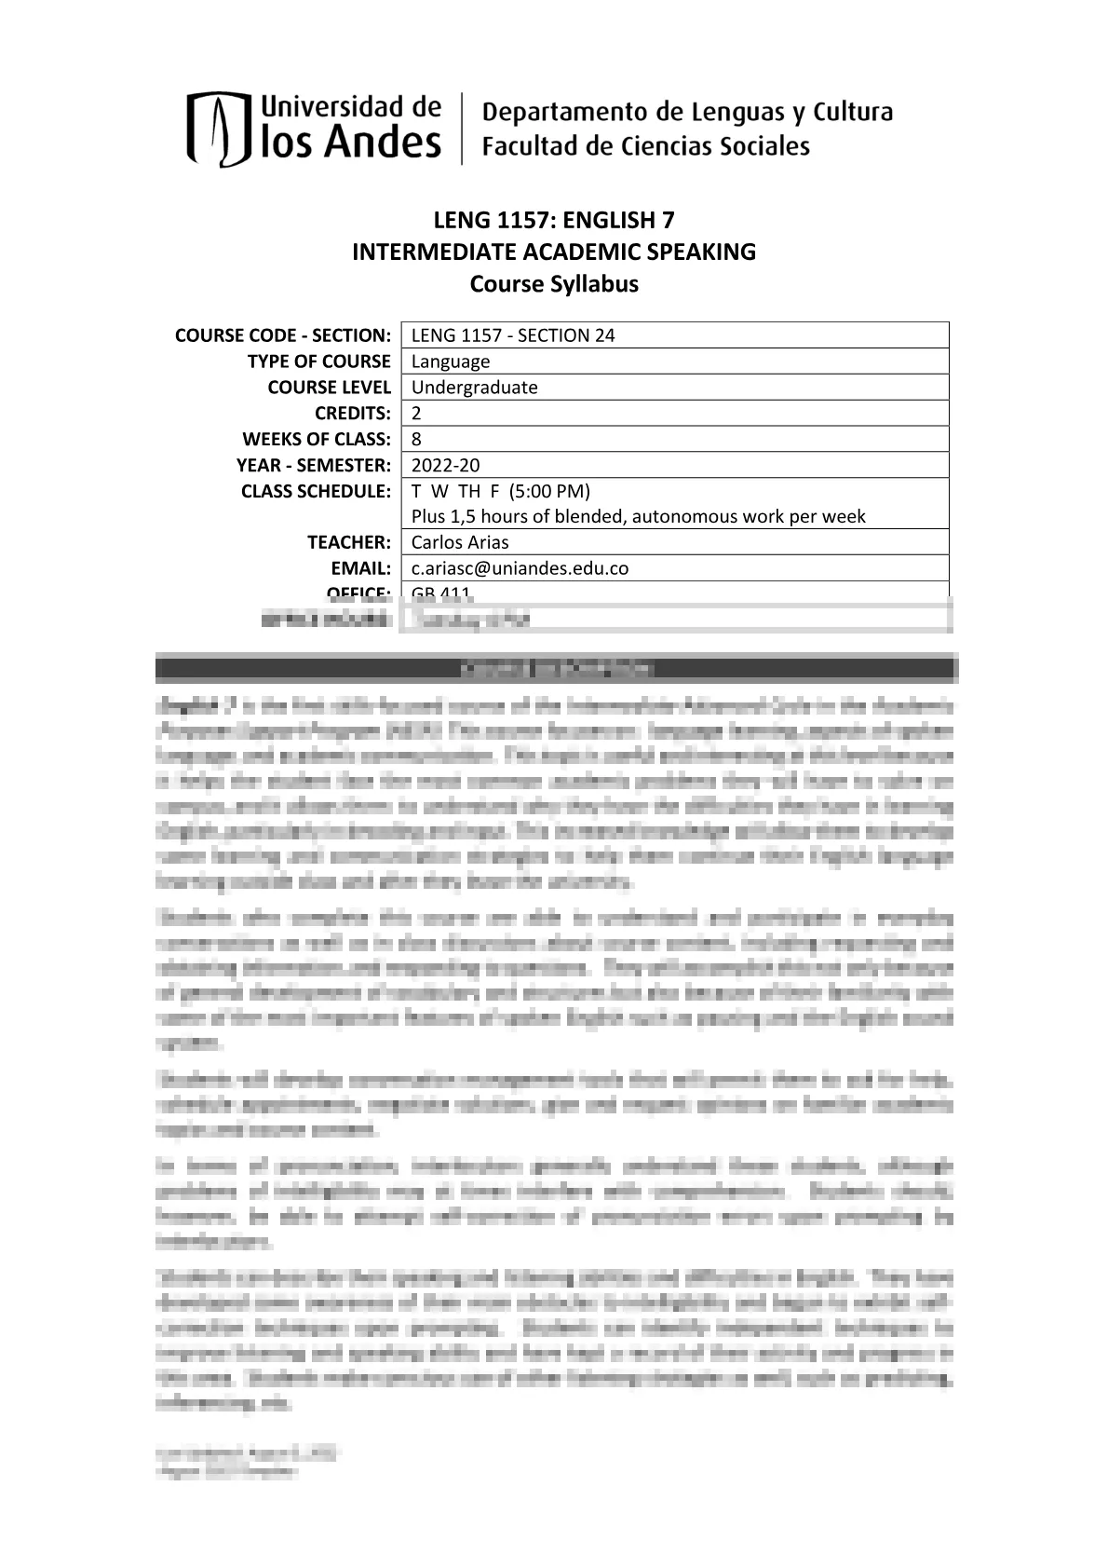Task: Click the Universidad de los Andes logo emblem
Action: click(220, 129)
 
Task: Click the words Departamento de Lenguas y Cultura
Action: click(687, 113)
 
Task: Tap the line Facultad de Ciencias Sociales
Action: click(645, 146)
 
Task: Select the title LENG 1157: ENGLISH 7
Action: click(554, 220)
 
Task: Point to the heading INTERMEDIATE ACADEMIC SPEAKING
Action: click(554, 252)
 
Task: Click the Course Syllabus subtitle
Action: click(554, 283)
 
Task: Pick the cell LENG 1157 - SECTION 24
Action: click(513, 335)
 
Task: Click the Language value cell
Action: click(451, 361)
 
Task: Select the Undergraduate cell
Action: click(475, 388)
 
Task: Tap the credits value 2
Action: click(416, 414)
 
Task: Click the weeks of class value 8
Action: click(416, 440)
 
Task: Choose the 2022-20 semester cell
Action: click(446, 466)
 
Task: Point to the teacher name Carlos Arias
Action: click(460, 542)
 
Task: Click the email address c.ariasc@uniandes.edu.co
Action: click(520, 568)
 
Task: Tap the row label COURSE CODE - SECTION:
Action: click(283, 335)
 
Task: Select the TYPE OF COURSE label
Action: click(318, 361)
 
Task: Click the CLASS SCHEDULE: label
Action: click(316, 491)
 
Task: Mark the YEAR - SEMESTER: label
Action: click(314, 466)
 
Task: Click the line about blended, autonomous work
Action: click(638, 516)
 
